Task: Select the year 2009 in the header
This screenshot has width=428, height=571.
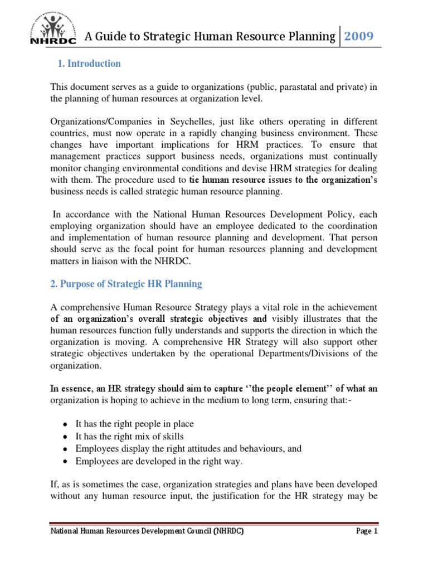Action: point(358,37)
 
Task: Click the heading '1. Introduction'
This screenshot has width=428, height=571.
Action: point(89,64)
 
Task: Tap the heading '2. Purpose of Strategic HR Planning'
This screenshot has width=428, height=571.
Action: point(126,284)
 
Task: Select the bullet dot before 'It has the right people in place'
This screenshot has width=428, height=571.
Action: point(66,425)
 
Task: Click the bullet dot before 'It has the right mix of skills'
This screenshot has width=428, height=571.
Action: point(66,437)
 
